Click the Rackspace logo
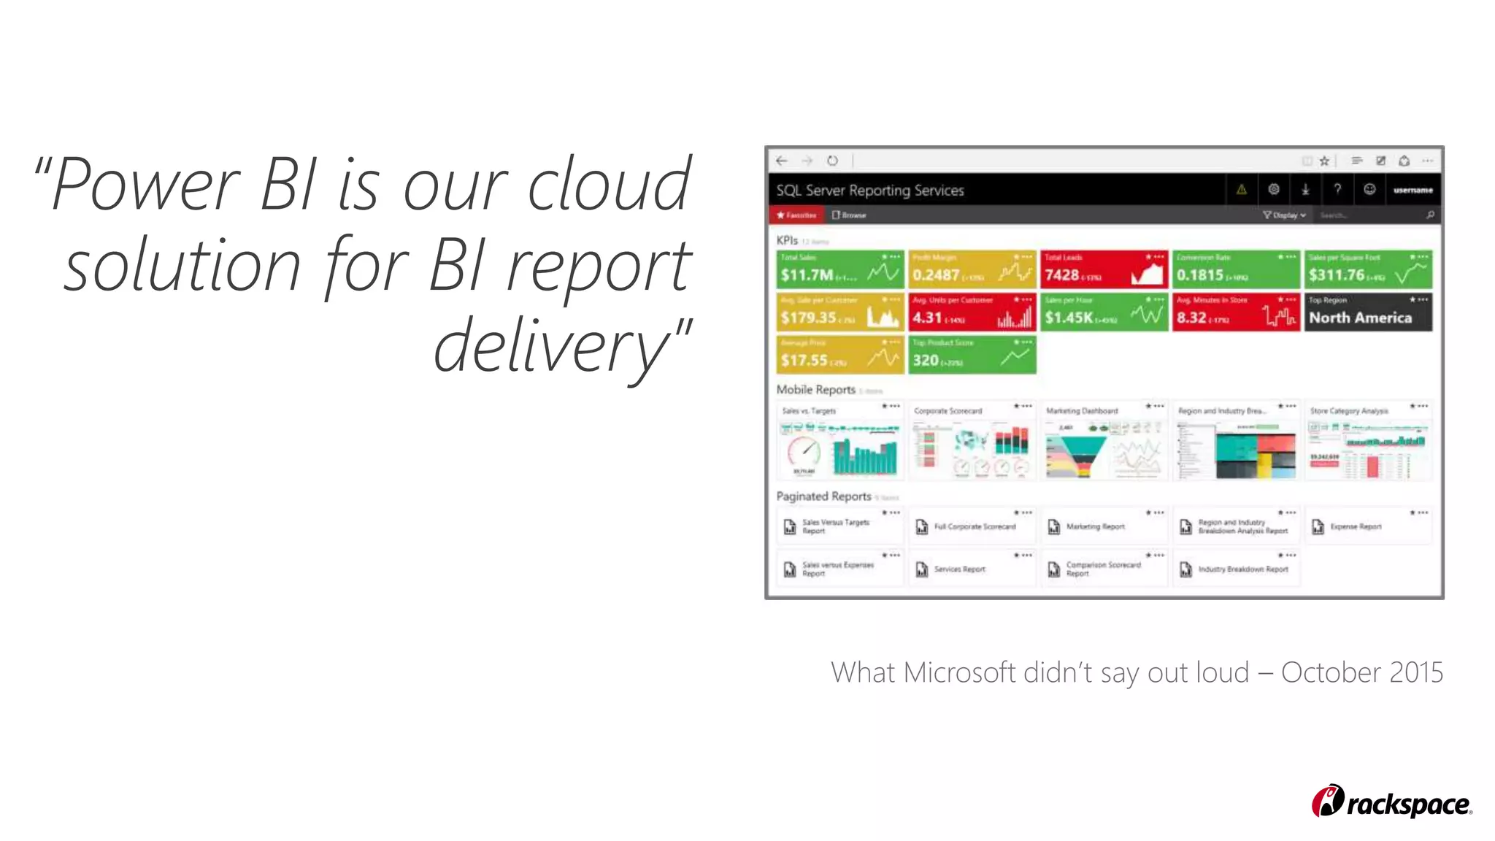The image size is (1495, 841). (1391, 802)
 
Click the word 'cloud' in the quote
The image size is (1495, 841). (608, 185)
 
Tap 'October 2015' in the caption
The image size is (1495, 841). (1361, 672)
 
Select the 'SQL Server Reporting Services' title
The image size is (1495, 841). (869, 191)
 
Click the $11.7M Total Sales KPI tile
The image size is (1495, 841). (839, 269)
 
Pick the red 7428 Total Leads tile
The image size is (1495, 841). (1104, 269)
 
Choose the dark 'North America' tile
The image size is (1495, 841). (1367, 312)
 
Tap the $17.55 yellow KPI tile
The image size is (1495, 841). (839, 355)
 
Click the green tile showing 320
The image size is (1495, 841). (972, 355)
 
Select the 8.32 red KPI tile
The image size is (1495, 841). (1235, 312)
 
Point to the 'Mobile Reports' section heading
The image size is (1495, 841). (815, 390)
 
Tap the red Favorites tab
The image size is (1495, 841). (796, 215)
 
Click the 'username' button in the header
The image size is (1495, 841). (1413, 191)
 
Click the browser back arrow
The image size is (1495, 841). (782, 161)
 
